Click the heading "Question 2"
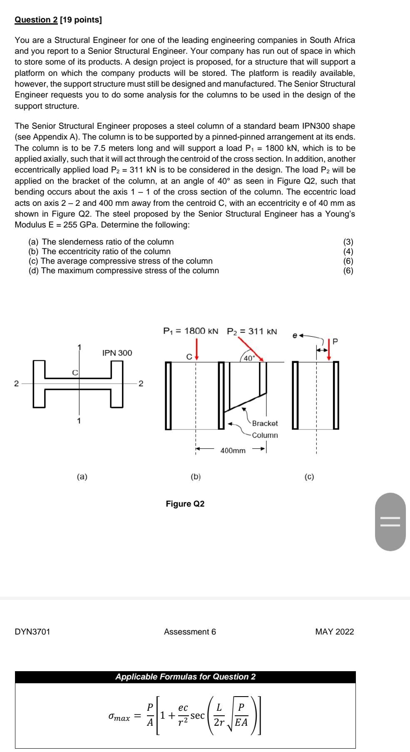pos(36,20)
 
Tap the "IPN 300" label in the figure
pos(117,353)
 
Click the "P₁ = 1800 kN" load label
pos(190,331)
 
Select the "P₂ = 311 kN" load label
pos(252,331)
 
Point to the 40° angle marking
pos(248,358)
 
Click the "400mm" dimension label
pos(233,450)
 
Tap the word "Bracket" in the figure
pos(265,423)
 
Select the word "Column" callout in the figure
pos(265,435)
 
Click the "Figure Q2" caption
pos(185,504)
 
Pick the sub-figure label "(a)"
pos(82,477)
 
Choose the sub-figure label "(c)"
pos(309,477)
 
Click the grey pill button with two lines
pos(390,522)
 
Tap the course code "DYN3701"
pos(32,632)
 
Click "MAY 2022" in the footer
pos(335,632)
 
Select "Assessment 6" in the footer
pos(190,632)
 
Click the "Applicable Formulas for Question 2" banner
pos(185,677)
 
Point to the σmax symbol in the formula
pos(119,717)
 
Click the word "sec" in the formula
pos(197,715)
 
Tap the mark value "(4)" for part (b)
pos(348,251)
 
